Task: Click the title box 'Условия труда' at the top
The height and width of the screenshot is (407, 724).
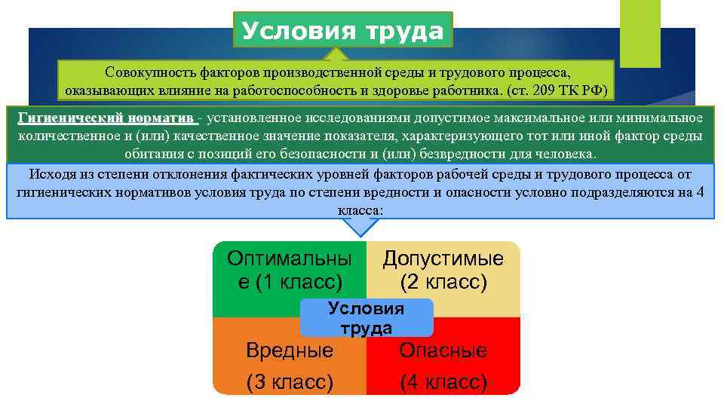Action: pyautogui.click(x=343, y=31)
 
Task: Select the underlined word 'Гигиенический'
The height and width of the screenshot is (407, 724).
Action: pyautogui.click(x=69, y=118)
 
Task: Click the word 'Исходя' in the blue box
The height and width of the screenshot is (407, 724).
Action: pyautogui.click(x=51, y=175)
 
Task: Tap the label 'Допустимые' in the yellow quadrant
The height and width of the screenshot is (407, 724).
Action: pyautogui.click(x=443, y=259)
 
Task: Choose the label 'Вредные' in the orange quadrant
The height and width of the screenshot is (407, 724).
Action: pyautogui.click(x=289, y=350)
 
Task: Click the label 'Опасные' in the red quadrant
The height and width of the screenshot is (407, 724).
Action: pyautogui.click(x=443, y=350)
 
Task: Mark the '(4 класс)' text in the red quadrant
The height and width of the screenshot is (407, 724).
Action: pyautogui.click(x=443, y=383)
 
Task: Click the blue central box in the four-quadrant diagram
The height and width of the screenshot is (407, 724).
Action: pyautogui.click(x=367, y=317)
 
